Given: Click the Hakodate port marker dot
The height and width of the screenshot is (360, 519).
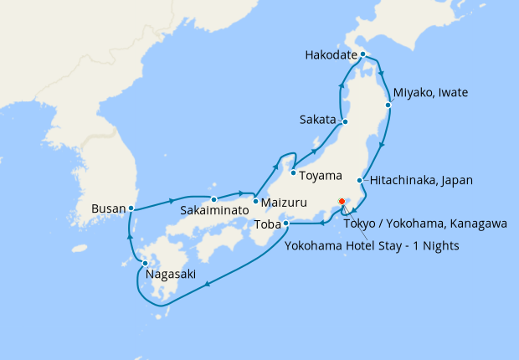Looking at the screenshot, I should (362, 54).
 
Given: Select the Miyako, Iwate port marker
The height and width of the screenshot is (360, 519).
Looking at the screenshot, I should (388, 105).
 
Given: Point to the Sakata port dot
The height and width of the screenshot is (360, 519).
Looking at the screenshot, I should (345, 122).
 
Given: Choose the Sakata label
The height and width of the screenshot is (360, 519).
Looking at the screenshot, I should (316, 120).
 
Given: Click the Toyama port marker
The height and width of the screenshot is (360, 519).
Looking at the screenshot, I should (293, 173).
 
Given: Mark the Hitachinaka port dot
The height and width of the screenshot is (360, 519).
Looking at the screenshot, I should (360, 181).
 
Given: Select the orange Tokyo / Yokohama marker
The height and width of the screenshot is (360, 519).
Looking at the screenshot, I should (342, 201).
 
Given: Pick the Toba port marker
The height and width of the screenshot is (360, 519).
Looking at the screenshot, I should (286, 224).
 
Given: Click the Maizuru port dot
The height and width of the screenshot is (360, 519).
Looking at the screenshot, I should (255, 201).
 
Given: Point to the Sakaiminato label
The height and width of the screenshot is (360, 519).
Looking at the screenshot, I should (214, 211).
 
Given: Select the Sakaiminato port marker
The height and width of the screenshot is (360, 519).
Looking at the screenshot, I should (214, 199).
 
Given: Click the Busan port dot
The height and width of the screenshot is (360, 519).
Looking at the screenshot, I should (131, 208).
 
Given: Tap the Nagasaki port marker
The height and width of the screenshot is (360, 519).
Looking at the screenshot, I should (145, 264).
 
